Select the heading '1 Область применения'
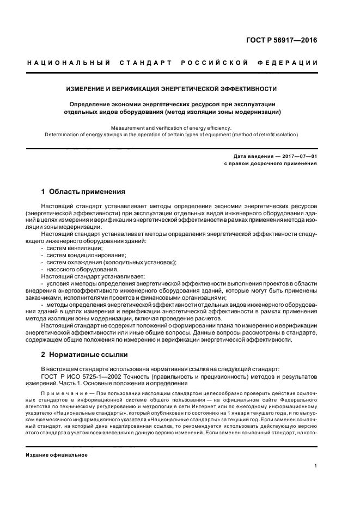[83, 192]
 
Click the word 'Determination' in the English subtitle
[63, 134]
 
